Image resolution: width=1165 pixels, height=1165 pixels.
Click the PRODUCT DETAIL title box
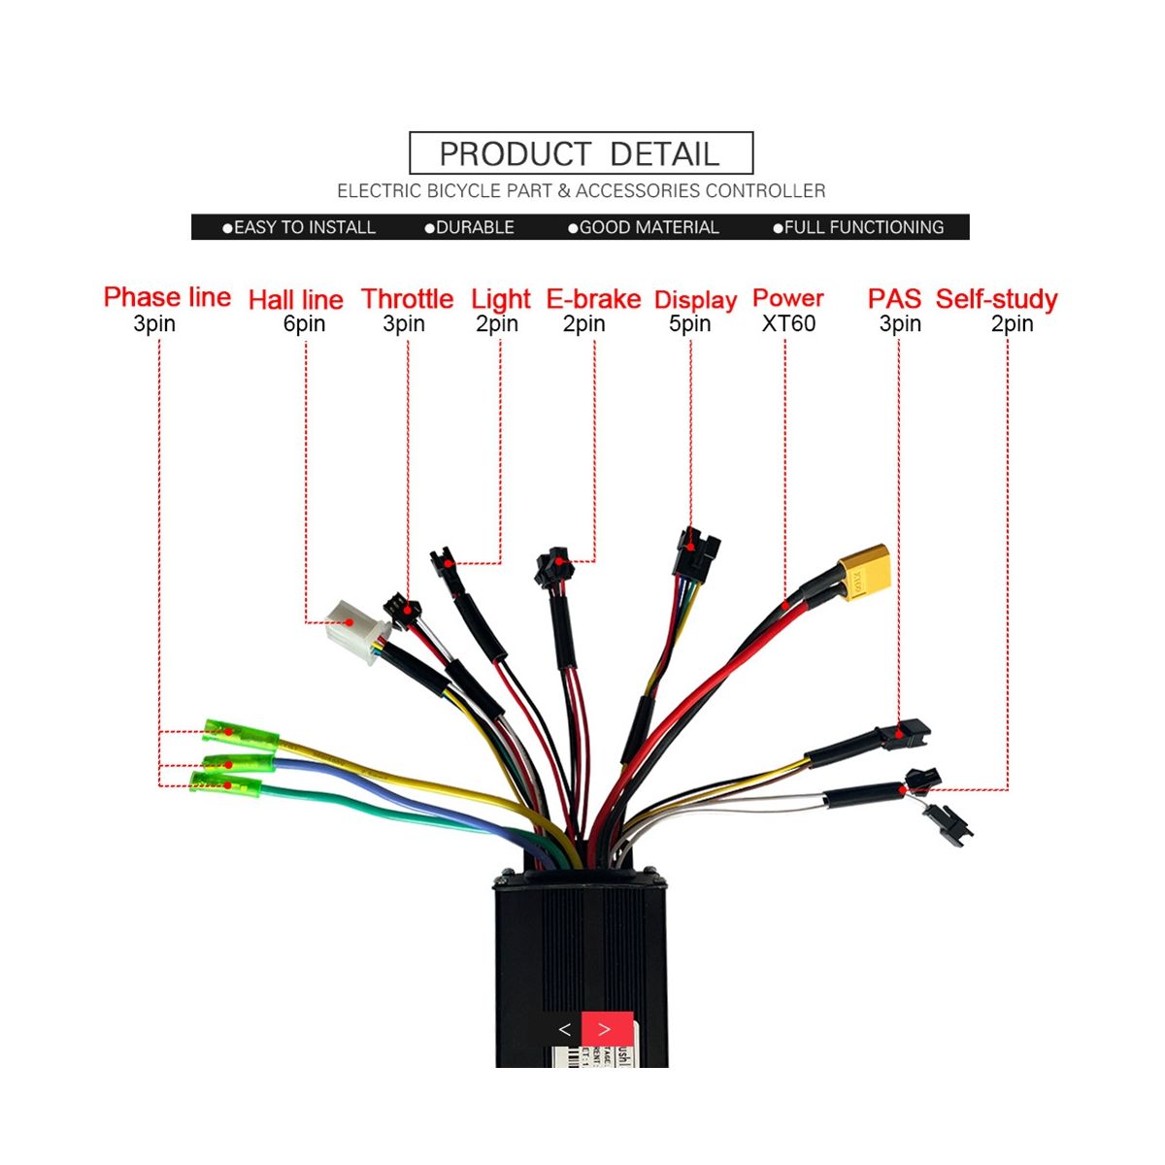(581, 153)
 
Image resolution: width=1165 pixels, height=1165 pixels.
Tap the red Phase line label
(167, 297)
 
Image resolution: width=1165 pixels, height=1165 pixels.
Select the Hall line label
(296, 300)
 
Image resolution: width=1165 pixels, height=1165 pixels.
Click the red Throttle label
(408, 299)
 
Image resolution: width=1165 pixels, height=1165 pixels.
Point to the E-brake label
(593, 299)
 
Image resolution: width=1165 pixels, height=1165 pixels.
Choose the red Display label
(696, 300)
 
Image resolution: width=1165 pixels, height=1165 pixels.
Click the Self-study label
(997, 299)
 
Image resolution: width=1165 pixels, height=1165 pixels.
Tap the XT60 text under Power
(788, 324)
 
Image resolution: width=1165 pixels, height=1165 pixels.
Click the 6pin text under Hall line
(304, 324)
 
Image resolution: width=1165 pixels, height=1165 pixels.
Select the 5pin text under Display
(689, 324)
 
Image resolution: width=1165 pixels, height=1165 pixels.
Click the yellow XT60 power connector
(863, 571)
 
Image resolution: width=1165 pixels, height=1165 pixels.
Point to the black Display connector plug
(695, 549)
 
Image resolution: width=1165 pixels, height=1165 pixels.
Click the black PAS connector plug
(911, 729)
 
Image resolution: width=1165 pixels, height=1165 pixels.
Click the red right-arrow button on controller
(606, 1029)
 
